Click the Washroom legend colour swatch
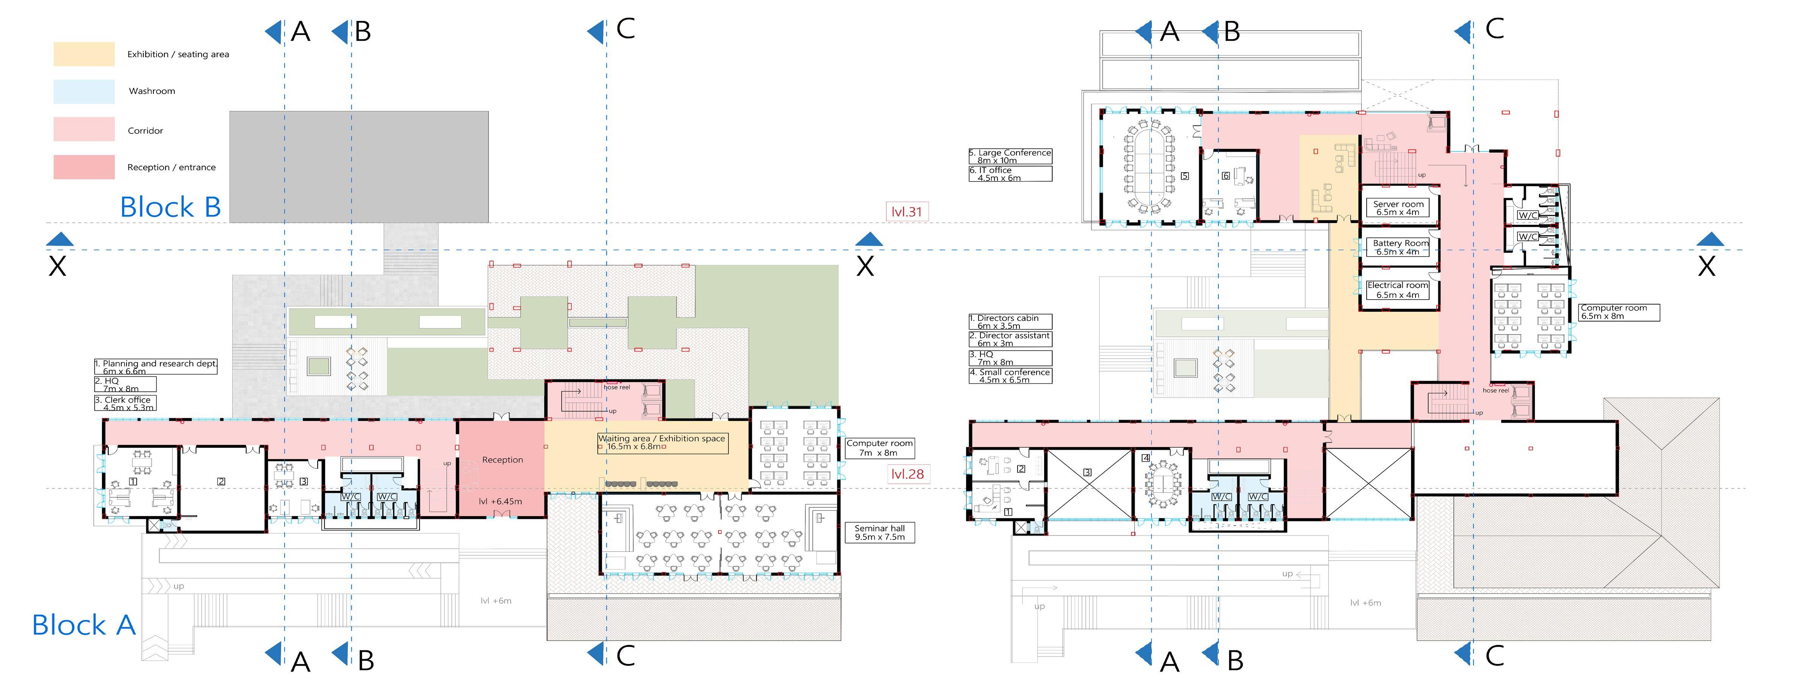click(84, 91)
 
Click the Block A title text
click(84, 625)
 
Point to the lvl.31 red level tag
click(907, 211)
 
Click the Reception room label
click(502, 460)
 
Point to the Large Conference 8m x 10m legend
click(1010, 156)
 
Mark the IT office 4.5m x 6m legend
click(1010, 174)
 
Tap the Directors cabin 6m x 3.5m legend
click(1010, 322)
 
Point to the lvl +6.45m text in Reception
click(501, 501)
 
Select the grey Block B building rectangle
click(359, 167)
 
